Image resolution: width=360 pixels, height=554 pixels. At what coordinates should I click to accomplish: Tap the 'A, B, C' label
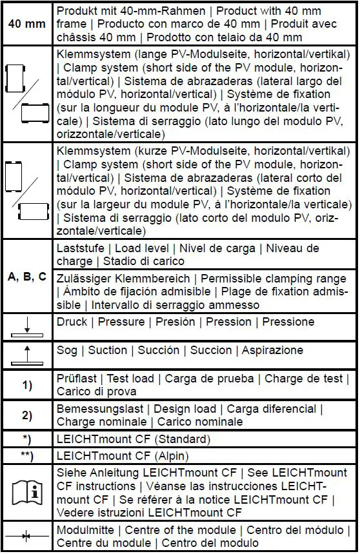tap(27, 277)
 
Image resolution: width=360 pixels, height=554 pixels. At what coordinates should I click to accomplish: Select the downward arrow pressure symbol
tap(27, 326)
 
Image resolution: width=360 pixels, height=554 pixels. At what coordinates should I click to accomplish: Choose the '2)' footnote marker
tap(27, 415)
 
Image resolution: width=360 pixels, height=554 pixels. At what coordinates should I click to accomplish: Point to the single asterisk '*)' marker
tap(27, 439)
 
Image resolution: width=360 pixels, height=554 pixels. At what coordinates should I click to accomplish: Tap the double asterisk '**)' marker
tap(27, 455)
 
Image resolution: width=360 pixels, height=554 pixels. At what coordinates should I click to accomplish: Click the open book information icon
tap(27, 493)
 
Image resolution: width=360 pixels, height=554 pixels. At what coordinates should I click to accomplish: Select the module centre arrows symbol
tap(27, 535)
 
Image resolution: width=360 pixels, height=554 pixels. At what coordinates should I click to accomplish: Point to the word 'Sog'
tap(68, 351)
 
